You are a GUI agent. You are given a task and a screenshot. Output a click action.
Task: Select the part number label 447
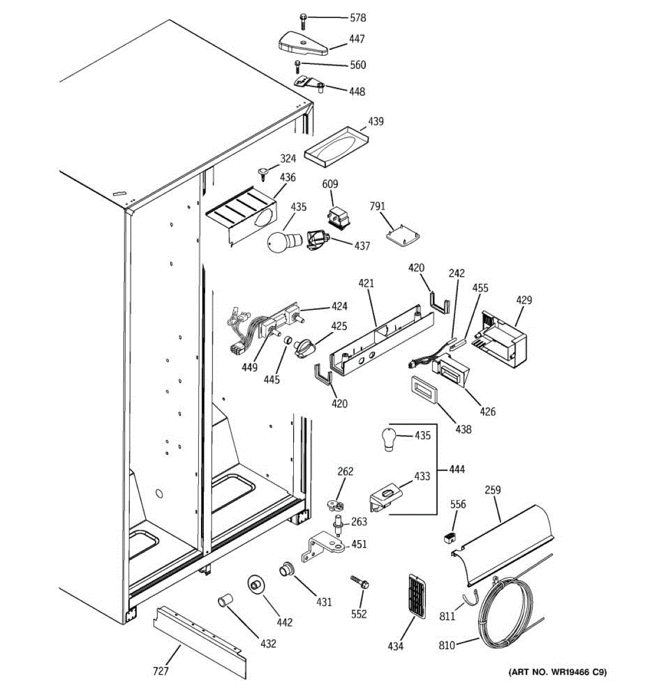click(x=357, y=39)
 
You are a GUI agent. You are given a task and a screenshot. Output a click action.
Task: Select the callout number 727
click(x=161, y=671)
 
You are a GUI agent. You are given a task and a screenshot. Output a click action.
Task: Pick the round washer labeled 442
click(x=255, y=584)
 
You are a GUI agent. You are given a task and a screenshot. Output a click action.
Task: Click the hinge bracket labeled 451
click(x=323, y=547)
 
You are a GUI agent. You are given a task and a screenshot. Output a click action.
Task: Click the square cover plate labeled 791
click(x=403, y=237)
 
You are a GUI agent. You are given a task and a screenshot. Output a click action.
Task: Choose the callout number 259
click(x=492, y=490)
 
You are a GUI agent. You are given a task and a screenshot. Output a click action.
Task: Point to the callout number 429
click(x=524, y=300)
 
